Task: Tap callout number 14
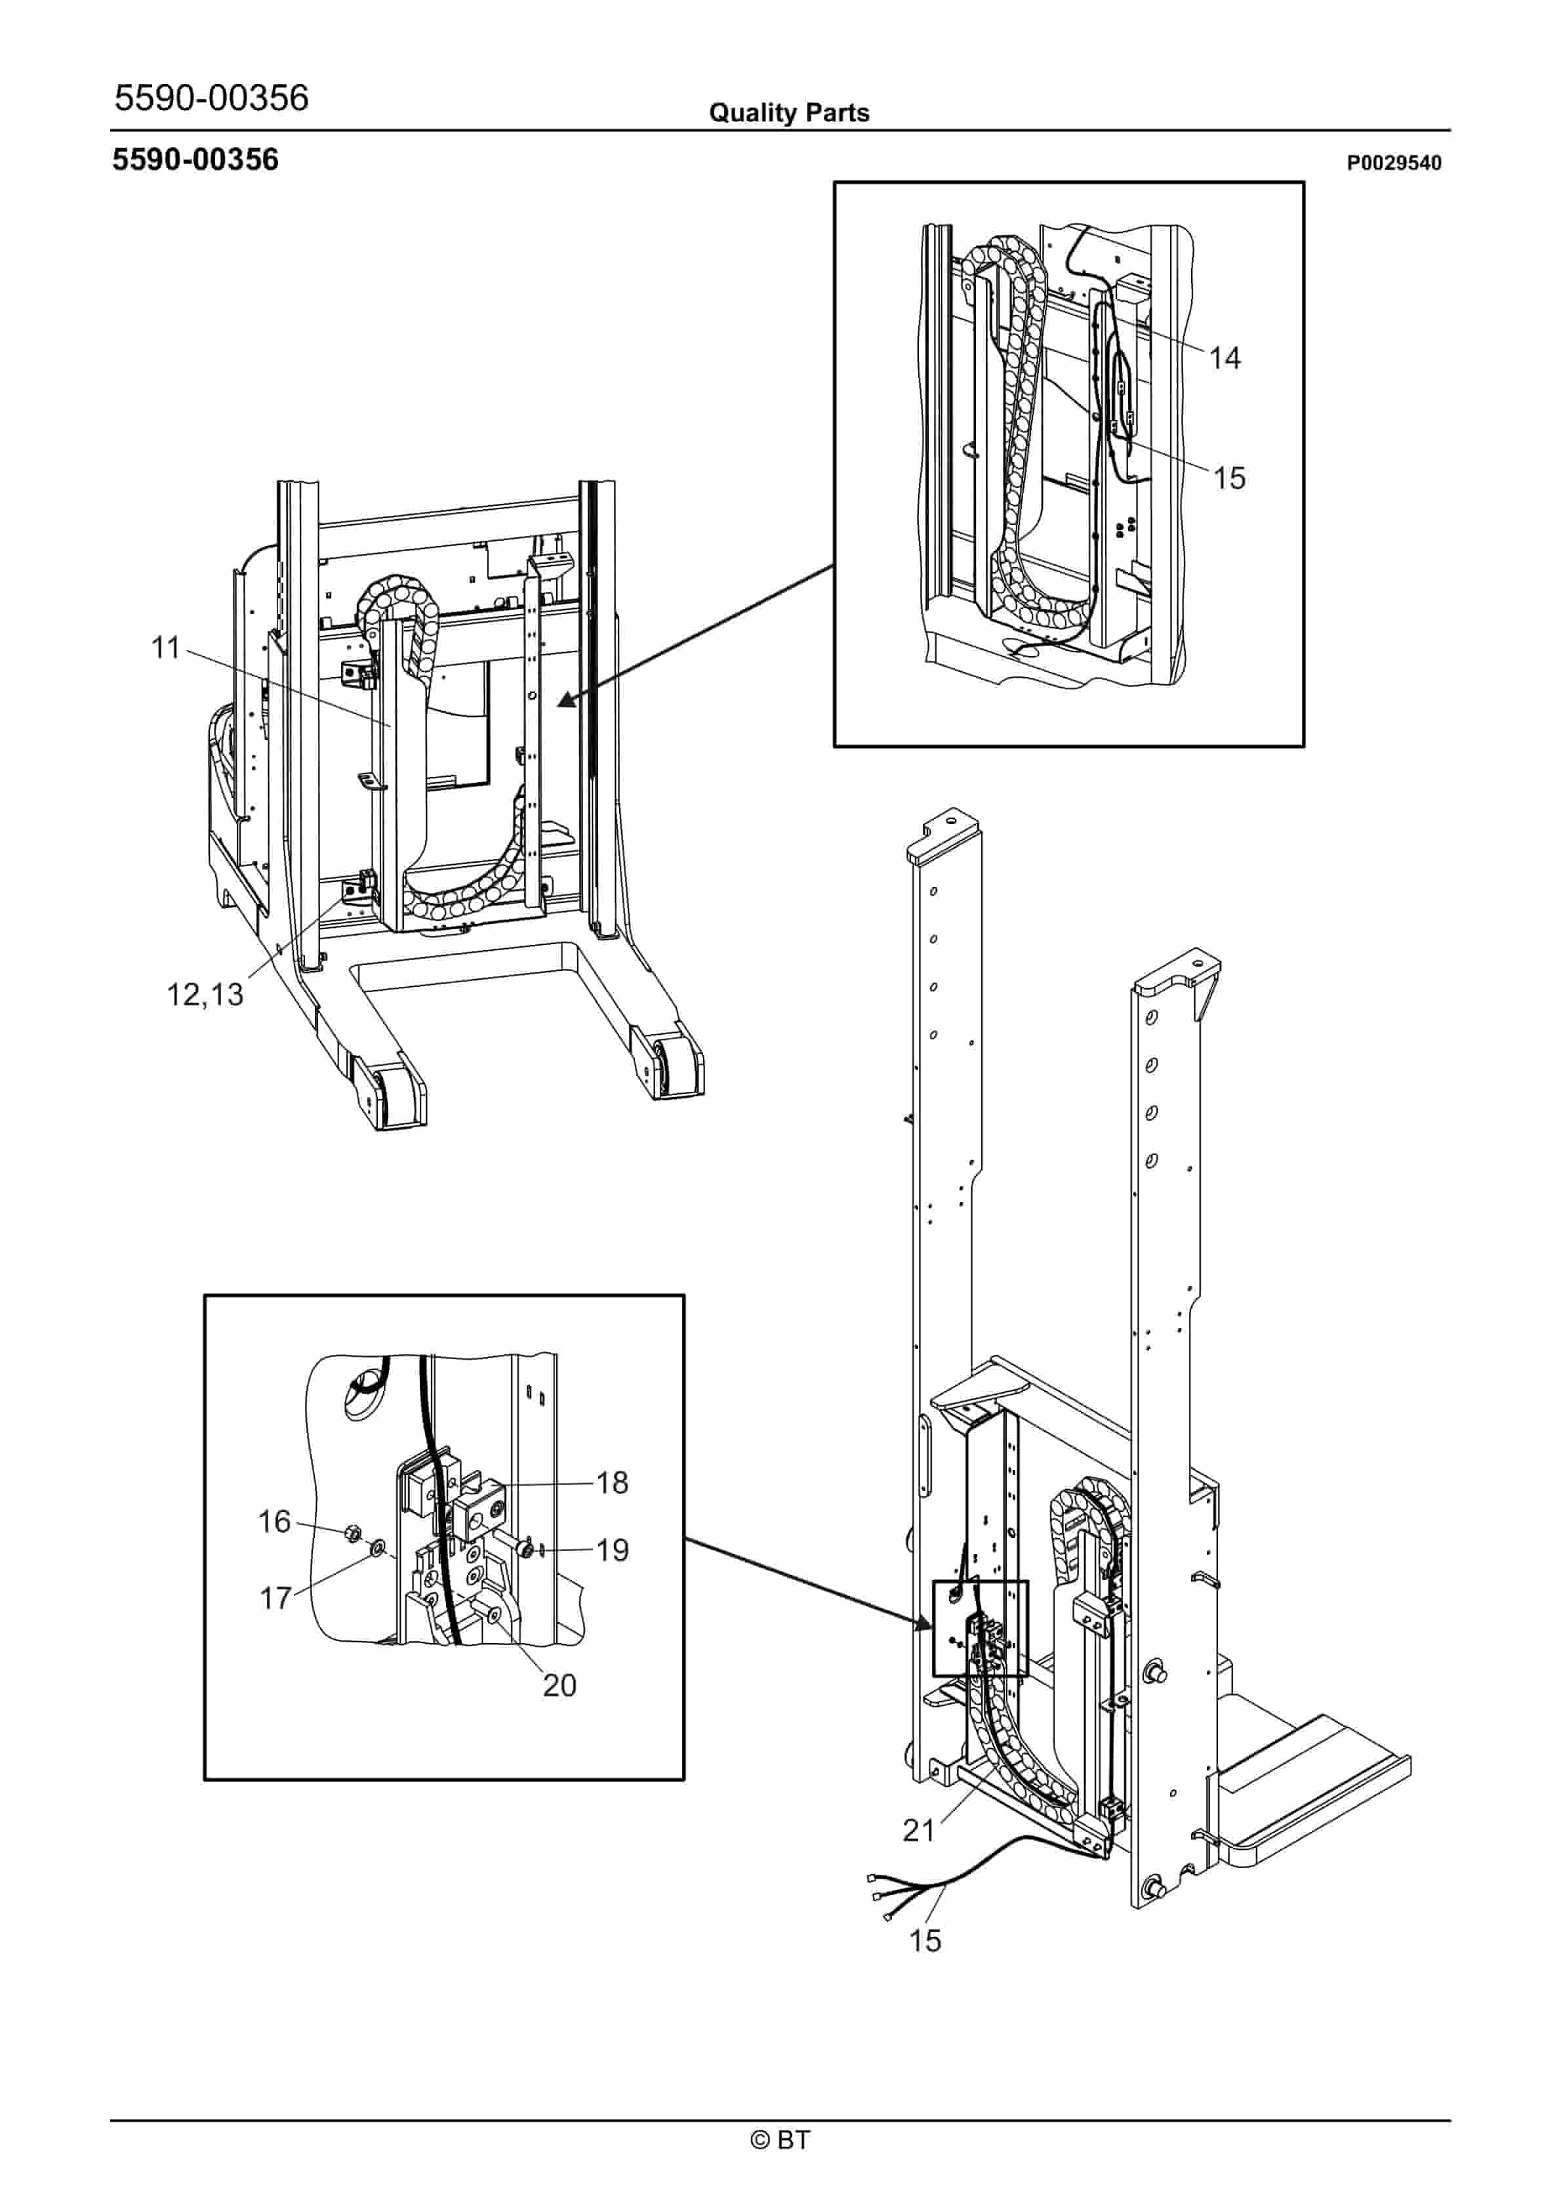click(1225, 358)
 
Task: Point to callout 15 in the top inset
click(1229, 478)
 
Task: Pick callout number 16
click(274, 1522)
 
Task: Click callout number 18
click(612, 1482)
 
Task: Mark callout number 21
click(918, 1830)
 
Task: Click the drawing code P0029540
click(1394, 163)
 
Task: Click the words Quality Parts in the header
click(789, 113)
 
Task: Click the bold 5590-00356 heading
click(195, 160)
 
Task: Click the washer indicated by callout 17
click(377, 1548)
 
